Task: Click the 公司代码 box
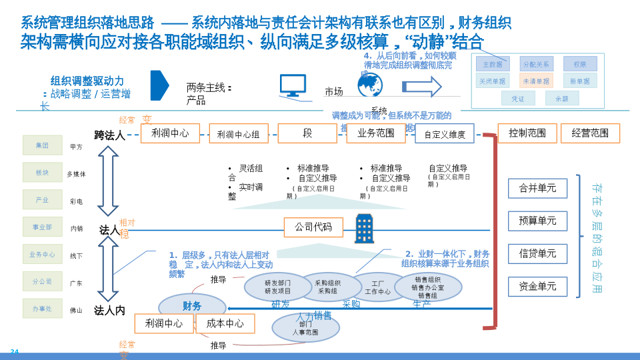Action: [313, 227]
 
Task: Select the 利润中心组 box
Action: [239, 133]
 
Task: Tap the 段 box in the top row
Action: [307, 133]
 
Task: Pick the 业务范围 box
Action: [376, 133]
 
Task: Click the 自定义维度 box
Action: [445, 134]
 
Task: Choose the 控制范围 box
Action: [527, 133]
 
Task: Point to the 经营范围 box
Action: [590, 133]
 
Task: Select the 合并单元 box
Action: [537, 189]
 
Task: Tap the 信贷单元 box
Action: [537, 254]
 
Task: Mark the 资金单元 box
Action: [537, 287]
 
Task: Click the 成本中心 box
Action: [225, 323]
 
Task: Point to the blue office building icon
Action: [364, 229]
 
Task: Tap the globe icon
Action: [370, 85]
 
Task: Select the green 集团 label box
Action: [43, 145]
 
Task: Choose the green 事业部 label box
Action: [43, 227]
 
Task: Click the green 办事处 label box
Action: [43, 309]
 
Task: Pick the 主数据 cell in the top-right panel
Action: [493, 64]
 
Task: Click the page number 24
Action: [15, 352]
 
